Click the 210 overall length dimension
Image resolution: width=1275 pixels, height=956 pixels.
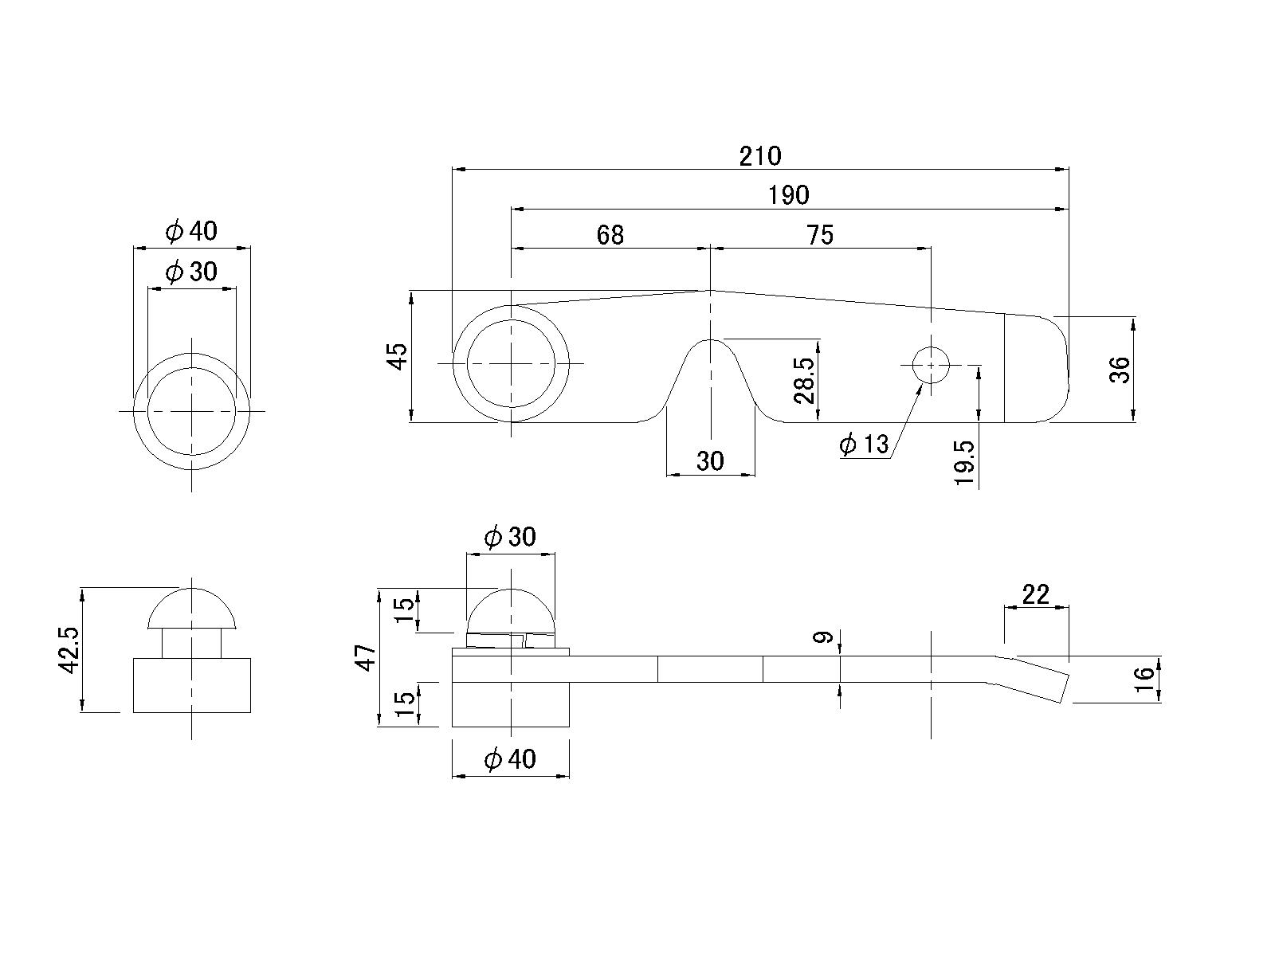tap(760, 156)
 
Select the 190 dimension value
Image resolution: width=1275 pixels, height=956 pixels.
tap(788, 195)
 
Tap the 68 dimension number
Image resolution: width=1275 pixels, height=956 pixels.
tap(610, 235)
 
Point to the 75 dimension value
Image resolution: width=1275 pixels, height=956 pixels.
tap(820, 235)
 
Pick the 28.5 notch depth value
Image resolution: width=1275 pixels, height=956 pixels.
tap(805, 380)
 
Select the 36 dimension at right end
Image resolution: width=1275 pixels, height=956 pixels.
tap(1120, 369)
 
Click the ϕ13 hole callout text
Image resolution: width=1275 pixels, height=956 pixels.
tap(864, 443)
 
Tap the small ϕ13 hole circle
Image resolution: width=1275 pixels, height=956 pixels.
tap(931, 365)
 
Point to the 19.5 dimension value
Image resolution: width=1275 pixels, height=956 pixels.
tap(964, 463)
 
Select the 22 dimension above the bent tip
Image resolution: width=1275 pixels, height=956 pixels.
tap(1036, 594)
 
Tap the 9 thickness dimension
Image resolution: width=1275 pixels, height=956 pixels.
tap(826, 637)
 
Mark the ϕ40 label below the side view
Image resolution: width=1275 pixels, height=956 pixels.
tap(510, 760)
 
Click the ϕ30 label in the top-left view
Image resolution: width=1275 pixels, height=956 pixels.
tap(191, 272)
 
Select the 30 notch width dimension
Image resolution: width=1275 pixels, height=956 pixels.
tap(710, 461)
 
